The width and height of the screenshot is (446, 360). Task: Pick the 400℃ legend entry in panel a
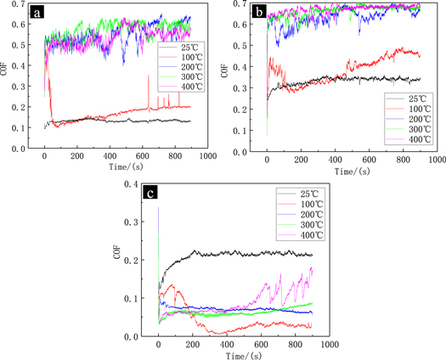tap(177, 87)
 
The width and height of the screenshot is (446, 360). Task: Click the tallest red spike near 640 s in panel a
tap(149, 77)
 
